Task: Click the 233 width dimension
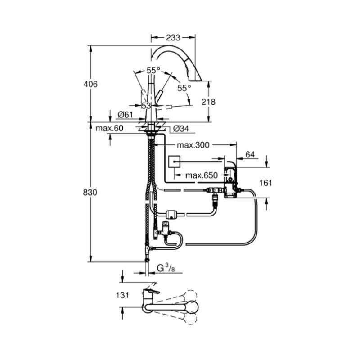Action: pos(173,37)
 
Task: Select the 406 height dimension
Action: pos(90,84)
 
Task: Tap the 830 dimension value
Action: pos(90,193)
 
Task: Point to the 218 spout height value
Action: pos(208,102)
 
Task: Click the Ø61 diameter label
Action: pos(126,114)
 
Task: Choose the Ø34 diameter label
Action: pos(181,129)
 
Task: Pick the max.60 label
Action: pos(109,128)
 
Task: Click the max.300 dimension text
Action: pos(193,145)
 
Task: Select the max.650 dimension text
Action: pos(201,175)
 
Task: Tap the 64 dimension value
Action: pos(250,154)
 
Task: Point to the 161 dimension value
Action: pos(265,183)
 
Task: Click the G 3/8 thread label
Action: pos(166,268)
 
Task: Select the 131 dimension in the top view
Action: pos(122,295)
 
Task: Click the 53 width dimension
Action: pos(146,106)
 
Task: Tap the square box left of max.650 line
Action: pos(174,162)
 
